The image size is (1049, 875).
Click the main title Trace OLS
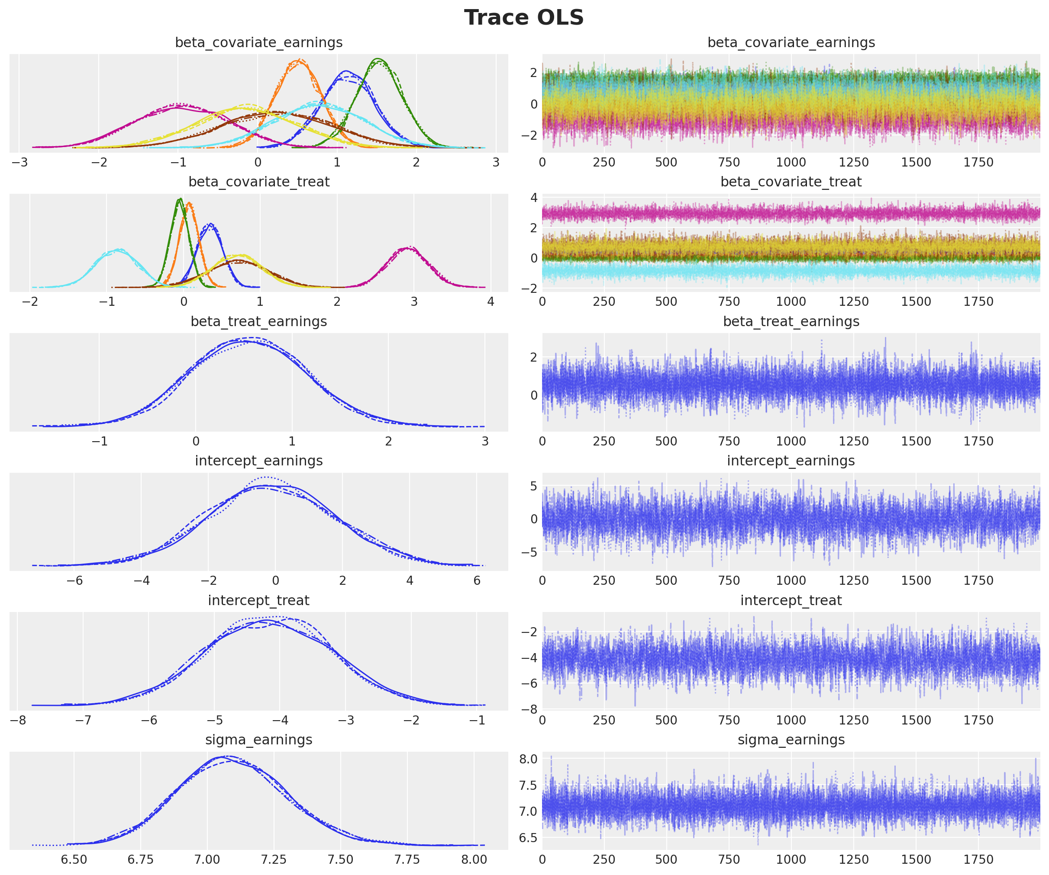523,18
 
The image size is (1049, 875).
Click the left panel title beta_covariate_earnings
259,43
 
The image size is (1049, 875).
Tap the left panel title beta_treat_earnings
259,321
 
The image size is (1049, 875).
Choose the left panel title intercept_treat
259,600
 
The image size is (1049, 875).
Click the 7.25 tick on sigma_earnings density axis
274,859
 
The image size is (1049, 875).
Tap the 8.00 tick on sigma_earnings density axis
474,859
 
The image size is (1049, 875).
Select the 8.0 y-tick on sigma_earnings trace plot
528,759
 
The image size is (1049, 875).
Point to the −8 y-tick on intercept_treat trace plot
529,709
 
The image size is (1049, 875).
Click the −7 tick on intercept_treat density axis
83,720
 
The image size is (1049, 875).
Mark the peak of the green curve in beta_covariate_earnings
378,59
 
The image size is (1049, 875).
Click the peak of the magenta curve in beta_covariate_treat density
410,247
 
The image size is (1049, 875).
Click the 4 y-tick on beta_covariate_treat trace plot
534,198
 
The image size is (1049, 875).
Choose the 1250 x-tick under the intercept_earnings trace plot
854,580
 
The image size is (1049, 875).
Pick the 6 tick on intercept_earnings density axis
477,580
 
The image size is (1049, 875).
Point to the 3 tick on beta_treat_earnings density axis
484,441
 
